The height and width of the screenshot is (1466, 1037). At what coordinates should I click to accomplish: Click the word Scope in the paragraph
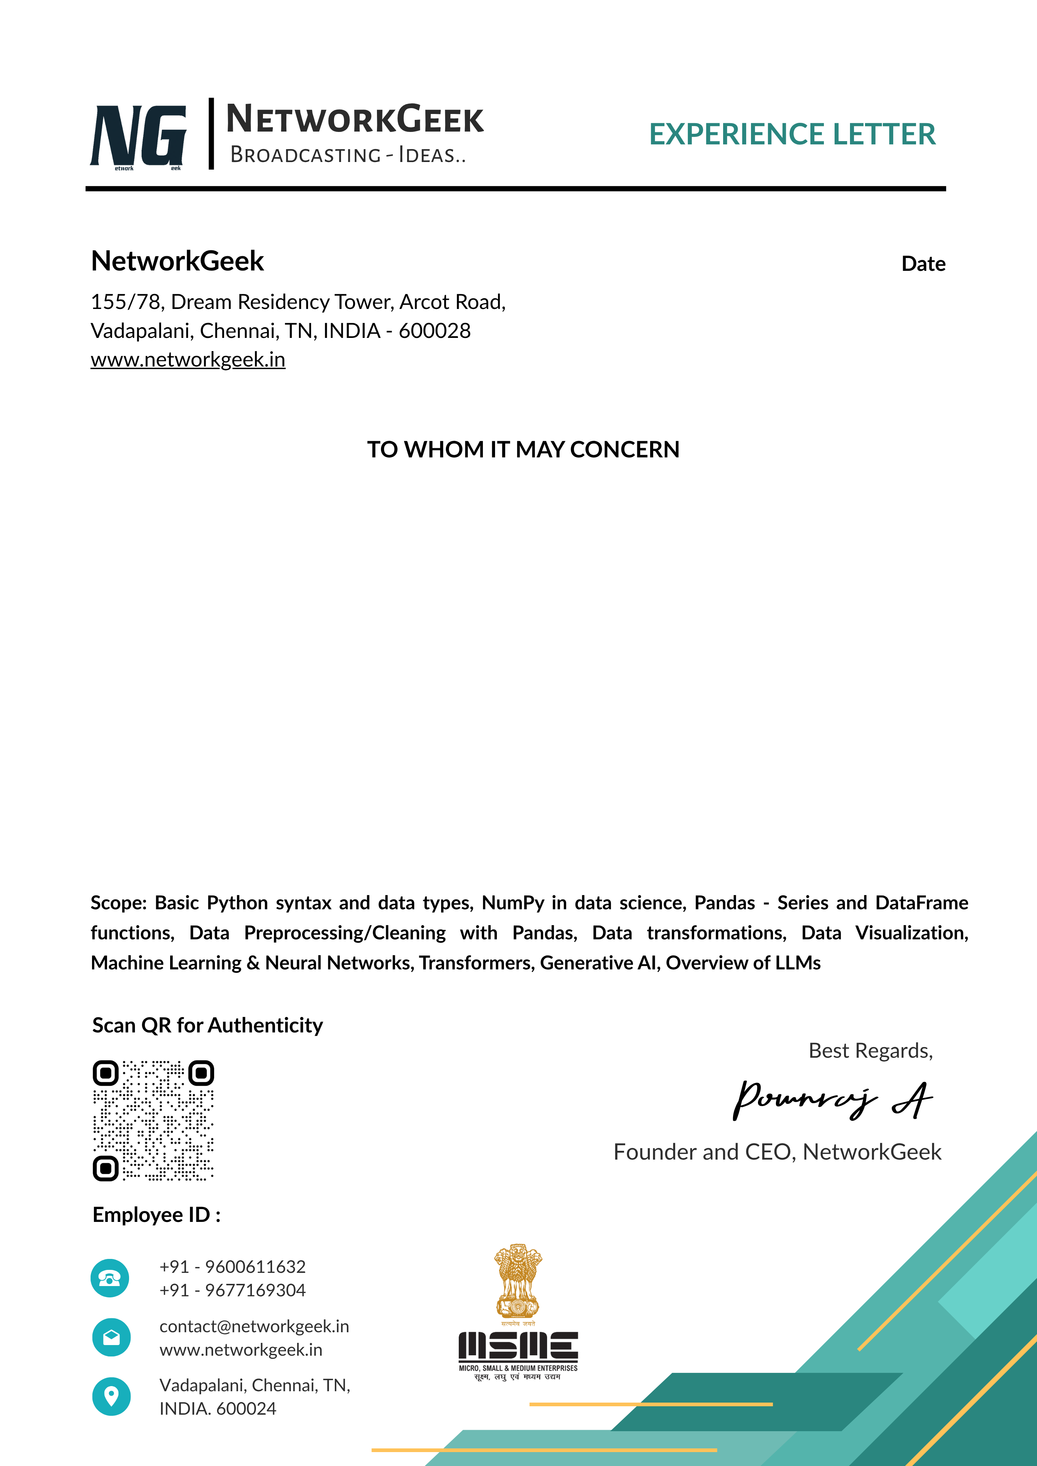pos(118,903)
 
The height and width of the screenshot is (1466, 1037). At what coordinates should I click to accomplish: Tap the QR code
pos(153,1120)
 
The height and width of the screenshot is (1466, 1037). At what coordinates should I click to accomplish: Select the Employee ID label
pos(157,1215)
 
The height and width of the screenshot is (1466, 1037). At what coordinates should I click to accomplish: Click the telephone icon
pos(110,1278)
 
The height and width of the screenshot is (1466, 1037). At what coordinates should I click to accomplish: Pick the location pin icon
pos(111,1396)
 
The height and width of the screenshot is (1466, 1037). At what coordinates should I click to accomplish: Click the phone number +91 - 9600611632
pos(232,1266)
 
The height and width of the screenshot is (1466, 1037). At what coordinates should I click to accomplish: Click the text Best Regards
pos(870,1050)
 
